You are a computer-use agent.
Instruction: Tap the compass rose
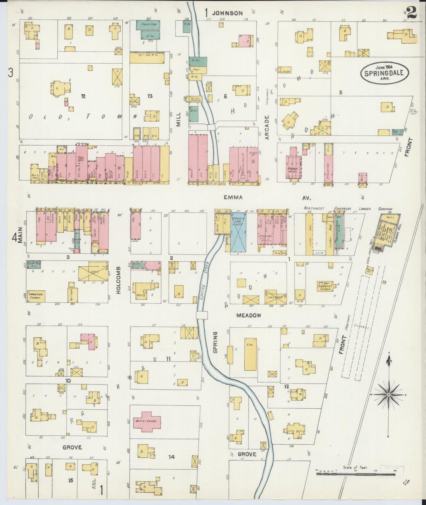coord(389,394)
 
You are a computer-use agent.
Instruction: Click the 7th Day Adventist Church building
coord(325,288)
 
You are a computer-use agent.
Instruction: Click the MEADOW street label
coord(249,315)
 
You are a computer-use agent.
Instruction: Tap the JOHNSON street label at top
coord(228,13)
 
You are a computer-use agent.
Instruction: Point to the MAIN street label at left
coord(20,237)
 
